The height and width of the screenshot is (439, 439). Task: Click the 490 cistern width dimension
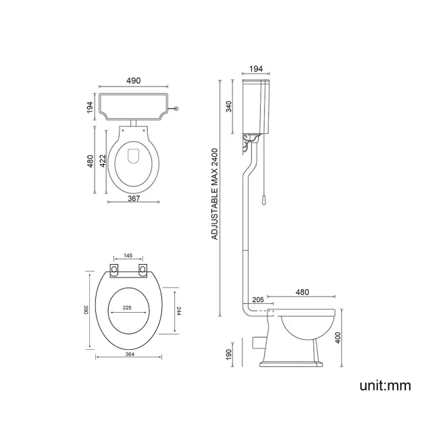point(133,80)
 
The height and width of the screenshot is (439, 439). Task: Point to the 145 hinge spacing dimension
point(128,257)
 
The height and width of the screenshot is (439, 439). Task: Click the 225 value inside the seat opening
point(126,307)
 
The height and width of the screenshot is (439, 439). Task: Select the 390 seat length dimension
point(86,309)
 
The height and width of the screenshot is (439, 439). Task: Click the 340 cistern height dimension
point(230,107)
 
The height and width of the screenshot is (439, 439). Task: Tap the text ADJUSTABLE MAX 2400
point(215,195)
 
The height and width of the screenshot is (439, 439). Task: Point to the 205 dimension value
point(257,300)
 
